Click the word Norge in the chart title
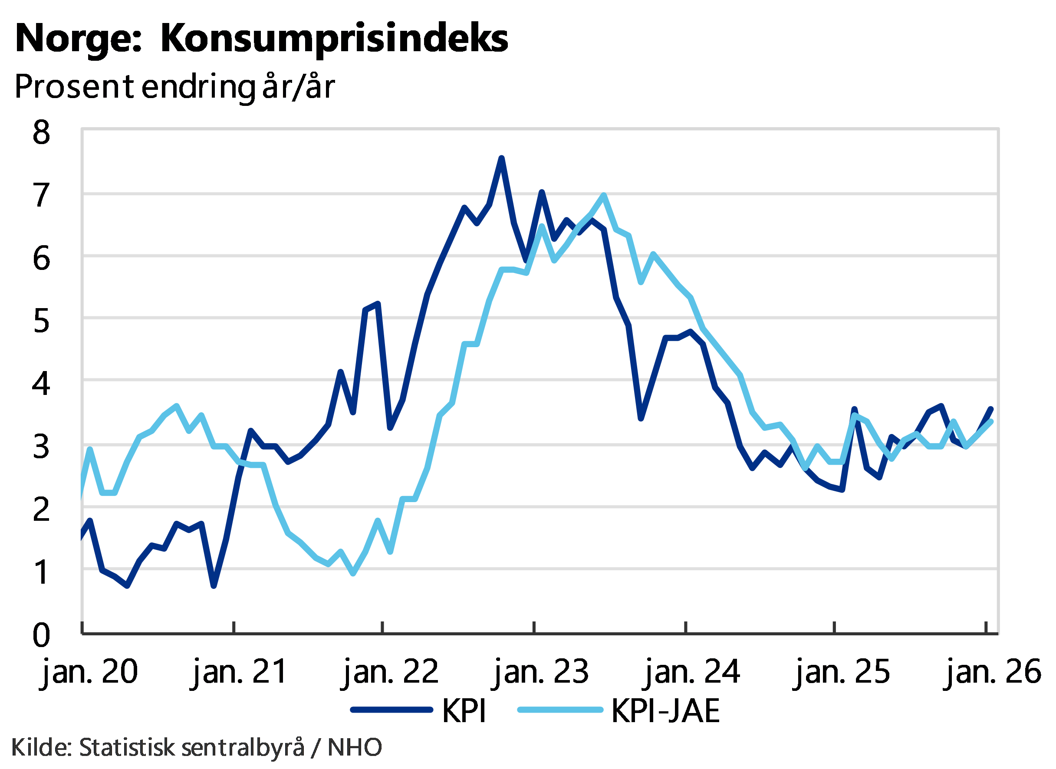pos(75,39)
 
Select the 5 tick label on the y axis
pos(41,320)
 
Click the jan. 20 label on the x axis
pos(90,672)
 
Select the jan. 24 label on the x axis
pos(692,672)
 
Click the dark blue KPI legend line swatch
pos(391,710)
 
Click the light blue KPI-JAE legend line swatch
pos(560,710)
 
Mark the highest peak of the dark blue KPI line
pos(501,158)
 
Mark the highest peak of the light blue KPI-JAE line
pos(603,196)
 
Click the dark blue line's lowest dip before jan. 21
pos(214,586)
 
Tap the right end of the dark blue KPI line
pos(991,409)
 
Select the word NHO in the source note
pos(354,747)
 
